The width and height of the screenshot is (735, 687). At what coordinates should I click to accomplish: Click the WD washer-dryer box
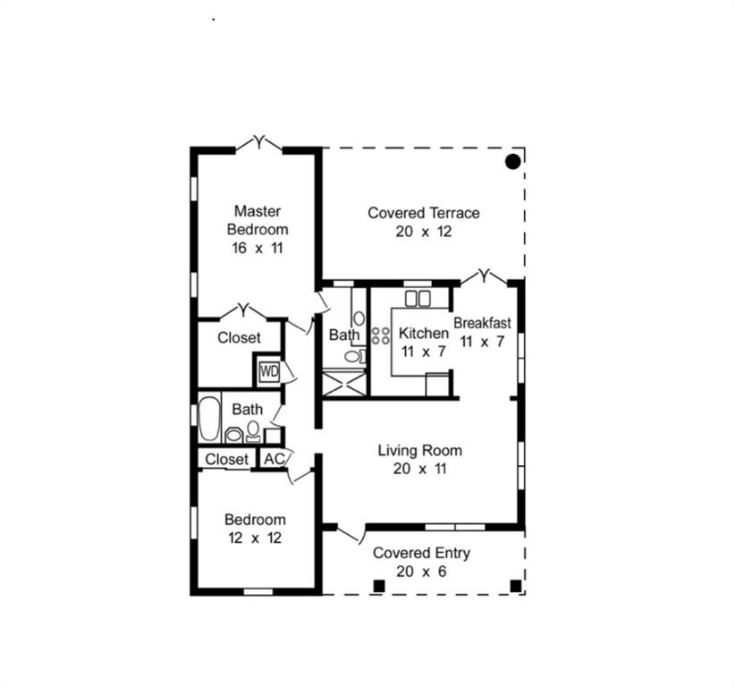[x=269, y=371]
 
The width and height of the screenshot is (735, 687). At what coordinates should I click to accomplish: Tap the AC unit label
[x=275, y=459]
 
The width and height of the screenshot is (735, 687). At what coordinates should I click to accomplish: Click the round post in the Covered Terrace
[x=513, y=162]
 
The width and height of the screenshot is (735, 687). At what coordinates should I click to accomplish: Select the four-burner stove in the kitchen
[x=380, y=335]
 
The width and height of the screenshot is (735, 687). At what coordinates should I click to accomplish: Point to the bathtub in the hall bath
[x=209, y=419]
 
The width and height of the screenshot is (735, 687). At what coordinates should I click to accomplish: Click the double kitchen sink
[x=418, y=299]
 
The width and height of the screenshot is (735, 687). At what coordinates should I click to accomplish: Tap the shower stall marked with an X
[x=344, y=384]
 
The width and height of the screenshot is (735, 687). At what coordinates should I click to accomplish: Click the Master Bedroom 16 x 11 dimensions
[x=258, y=248]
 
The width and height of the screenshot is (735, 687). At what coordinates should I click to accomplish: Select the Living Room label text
[x=420, y=450]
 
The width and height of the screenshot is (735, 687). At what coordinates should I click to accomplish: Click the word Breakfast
[x=482, y=323]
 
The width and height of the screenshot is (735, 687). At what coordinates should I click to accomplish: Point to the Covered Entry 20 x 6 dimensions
[x=421, y=572]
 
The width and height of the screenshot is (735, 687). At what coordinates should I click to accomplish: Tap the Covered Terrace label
[x=424, y=213]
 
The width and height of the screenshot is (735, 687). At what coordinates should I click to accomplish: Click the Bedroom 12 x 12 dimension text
[x=255, y=538]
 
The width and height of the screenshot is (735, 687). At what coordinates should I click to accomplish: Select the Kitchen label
[x=424, y=333]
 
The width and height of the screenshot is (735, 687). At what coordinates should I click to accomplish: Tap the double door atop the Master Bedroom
[x=258, y=142]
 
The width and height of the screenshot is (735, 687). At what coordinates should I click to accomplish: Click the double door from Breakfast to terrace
[x=484, y=276]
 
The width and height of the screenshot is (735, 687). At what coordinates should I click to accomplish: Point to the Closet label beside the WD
[x=239, y=337]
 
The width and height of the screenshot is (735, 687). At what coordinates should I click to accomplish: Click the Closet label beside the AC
[x=226, y=459]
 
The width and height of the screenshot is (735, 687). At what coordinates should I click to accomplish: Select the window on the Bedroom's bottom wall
[x=258, y=592]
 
